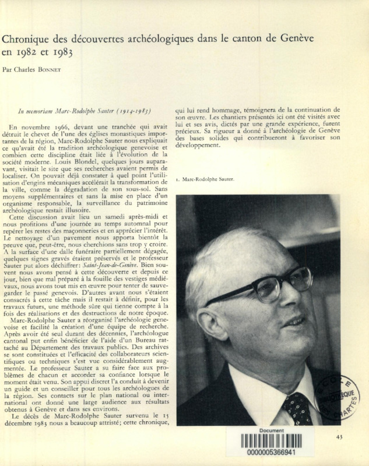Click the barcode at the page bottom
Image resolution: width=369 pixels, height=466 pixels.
tap(272, 441)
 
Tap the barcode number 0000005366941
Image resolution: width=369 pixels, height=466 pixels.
tap(272, 451)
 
